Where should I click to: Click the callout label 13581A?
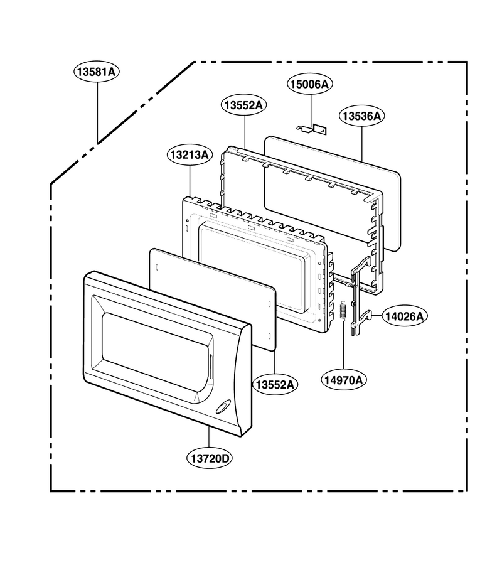(x=97, y=72)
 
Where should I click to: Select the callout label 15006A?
(x=310, y=84)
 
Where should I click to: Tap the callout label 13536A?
(x=361, y=116)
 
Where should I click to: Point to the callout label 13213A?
(x=190, y=155)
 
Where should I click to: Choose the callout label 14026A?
(x=405, y=316)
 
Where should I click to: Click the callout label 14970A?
(x=343, y=380)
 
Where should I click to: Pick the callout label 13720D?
(x=210, y=459)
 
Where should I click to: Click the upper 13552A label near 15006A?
(x=244, y=105)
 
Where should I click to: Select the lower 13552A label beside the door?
(x=275, y=385)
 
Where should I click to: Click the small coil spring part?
(x=343, y=310)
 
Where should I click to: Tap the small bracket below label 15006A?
(x=312, y=129)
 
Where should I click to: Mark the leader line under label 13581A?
(x=97, y=112)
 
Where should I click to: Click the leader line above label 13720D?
(x=209, y=437)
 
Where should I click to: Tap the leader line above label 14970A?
(x=343, y=345)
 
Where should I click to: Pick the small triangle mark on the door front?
(x=196, y=397)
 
